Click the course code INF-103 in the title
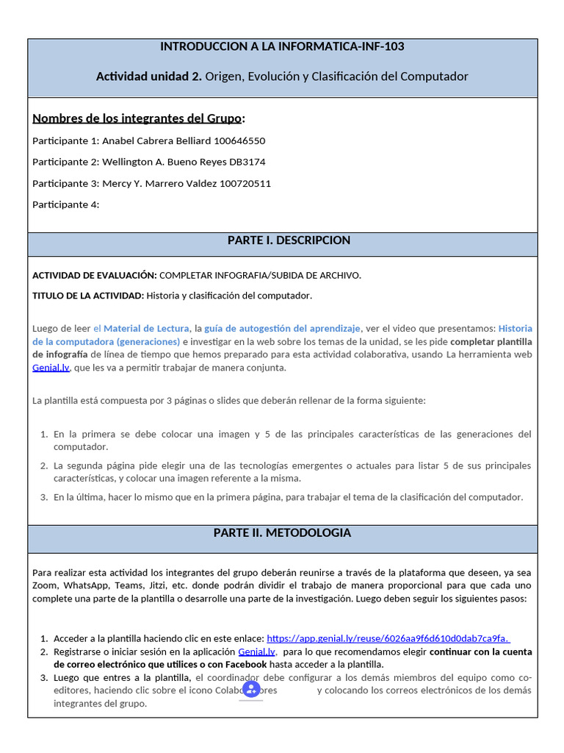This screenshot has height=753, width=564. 383,46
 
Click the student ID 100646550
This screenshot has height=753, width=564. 239,140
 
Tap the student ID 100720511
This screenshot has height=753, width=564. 245,183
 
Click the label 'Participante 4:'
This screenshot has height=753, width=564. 66,204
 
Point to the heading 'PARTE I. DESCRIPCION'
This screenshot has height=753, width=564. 289,240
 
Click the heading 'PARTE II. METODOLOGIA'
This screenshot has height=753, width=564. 282,532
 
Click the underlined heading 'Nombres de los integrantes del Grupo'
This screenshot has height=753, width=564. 137,118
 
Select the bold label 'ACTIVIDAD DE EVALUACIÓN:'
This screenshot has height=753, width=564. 95,275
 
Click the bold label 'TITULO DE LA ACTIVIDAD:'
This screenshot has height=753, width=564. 88,296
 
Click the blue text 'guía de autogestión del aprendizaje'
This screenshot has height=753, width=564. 283,328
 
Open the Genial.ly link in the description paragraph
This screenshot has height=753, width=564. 51,368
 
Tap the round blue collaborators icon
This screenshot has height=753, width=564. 251,688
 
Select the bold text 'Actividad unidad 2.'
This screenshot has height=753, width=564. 148,76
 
